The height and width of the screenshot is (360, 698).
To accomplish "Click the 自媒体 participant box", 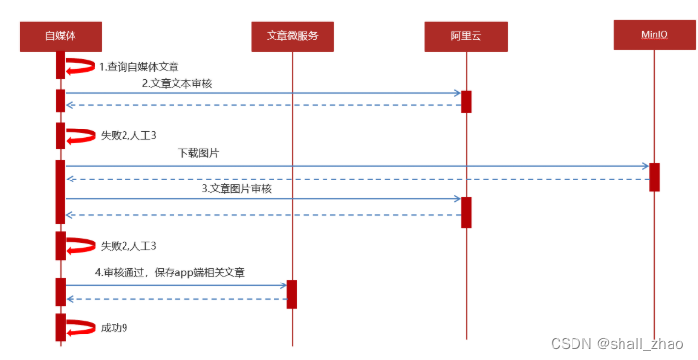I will click(60, 35).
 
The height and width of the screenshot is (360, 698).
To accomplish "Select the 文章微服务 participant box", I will click(292, 35).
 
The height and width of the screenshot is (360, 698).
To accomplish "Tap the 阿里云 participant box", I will click(466, 36).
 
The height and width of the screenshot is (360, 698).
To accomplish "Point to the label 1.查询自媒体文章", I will click(138, 67).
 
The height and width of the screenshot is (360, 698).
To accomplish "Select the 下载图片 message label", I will click(199, 154).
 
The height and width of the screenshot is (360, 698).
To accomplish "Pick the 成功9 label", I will click(115, 327).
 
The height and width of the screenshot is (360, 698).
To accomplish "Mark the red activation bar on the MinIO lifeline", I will click(654, 177).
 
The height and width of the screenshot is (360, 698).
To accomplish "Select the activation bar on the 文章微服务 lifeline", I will click(292, 292).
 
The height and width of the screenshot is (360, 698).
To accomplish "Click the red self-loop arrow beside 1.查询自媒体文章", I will click(79, 67).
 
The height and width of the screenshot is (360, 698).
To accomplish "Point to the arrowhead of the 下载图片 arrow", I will click(644, 166).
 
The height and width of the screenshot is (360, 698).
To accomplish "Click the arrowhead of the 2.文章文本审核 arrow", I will click(456, 94).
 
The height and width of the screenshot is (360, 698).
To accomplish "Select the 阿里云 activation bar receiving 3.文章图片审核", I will click(466, 211).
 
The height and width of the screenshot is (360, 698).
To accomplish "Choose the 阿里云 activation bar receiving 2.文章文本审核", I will click(466, 101).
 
